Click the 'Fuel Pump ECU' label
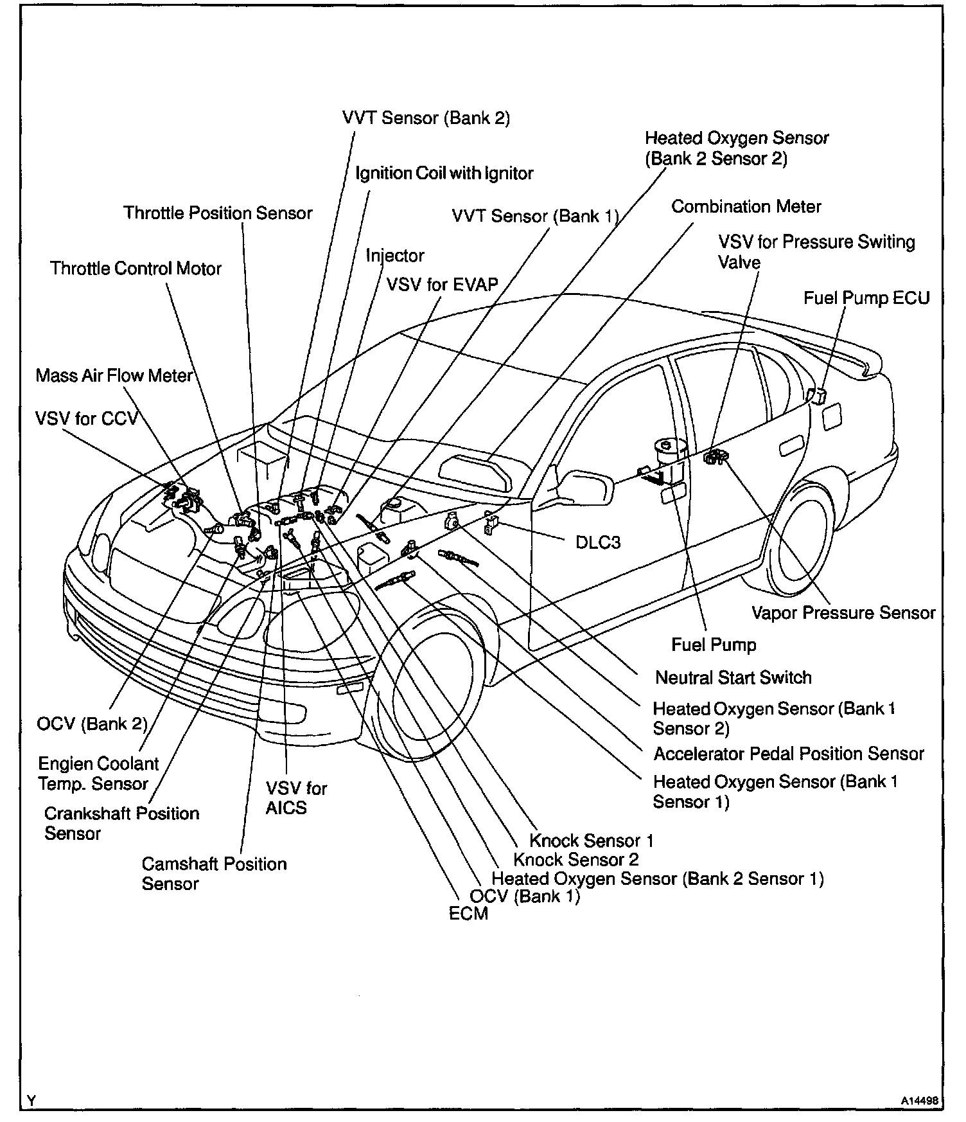coord(866,298)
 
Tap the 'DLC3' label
coord(597,542)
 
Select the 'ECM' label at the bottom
coord(468,913)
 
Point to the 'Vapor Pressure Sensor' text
coord(843,612)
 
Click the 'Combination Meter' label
coord(746,207)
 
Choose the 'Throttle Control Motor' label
coord(136,268)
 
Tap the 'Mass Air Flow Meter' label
coord(114,375)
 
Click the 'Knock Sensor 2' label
coord(575,859)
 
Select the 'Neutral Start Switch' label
coord(733,677)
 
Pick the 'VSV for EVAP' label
coord(442,284)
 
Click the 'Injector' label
coord(395,255)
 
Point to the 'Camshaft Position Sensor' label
coord(214,873)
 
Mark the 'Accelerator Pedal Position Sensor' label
coord(788,753)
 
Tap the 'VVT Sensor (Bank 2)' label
coord(426,118)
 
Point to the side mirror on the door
coord(579,486)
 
